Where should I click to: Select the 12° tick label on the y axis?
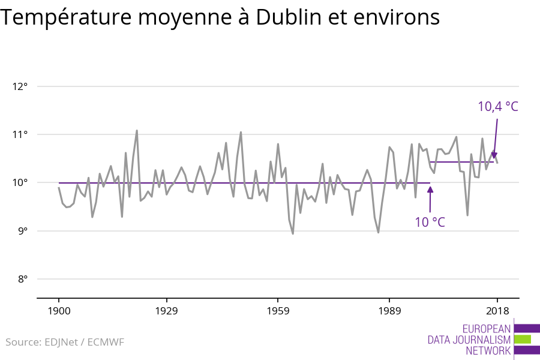pos(20,86)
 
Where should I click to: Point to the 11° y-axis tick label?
pos(20,134)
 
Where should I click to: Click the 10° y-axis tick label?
pos(20,182)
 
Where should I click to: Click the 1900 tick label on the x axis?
pos(59,311)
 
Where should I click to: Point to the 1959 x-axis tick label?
pos(277,311)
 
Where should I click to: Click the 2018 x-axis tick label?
pos(497,311)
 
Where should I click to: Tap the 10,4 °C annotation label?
pos(497,107)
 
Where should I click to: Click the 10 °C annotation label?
pos(430,222)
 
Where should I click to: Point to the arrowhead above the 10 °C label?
pos(430,190)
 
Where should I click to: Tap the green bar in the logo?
pos(523,339)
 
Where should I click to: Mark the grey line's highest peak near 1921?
pos(137,130)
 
